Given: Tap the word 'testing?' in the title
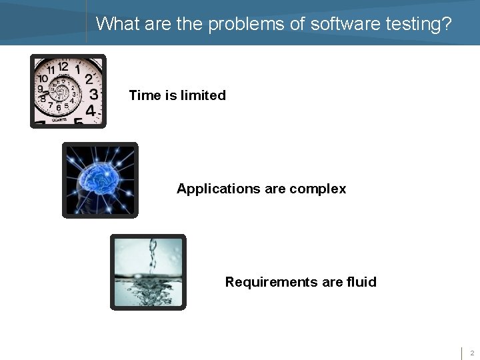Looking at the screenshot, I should [x=418, y=24].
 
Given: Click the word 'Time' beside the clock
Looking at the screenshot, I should [x=145, y=95].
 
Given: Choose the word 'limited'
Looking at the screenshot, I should [x=203, y=95].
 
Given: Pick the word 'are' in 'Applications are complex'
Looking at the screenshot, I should [x=275, y=189].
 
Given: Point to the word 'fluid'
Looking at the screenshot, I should [x=361, y=282].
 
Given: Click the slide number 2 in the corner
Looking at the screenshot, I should [x=471, y=353].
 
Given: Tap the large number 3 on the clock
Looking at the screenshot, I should [x=94, y=93].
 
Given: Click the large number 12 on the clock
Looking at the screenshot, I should [x=63, y=66].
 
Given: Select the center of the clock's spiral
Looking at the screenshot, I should [x=63, y=89].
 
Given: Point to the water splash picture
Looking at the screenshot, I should [x=148, y=272].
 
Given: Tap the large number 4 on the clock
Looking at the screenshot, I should [x=90, y=111].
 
